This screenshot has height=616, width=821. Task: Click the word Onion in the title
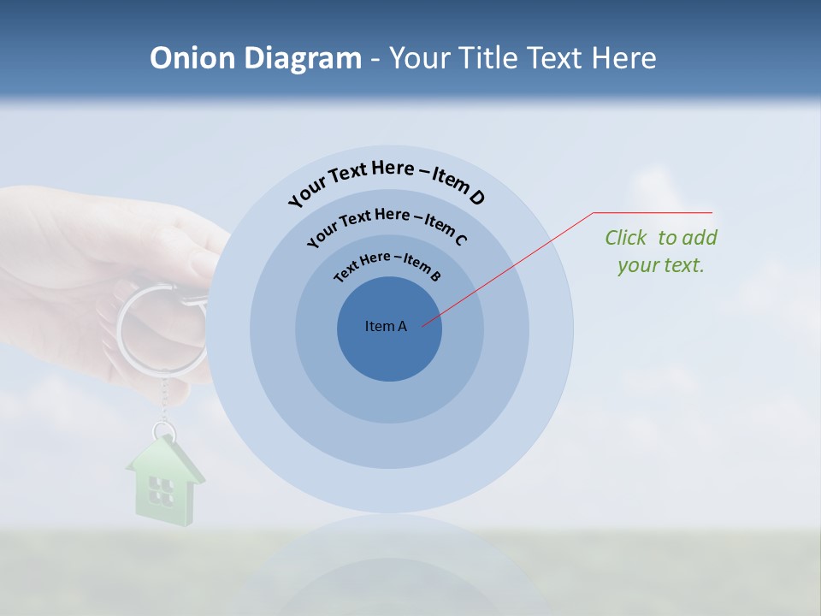(193, 58)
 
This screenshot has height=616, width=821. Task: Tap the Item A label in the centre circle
(386, 326)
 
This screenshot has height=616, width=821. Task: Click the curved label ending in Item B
(388, 265)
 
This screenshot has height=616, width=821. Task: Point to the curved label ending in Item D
(387, 179)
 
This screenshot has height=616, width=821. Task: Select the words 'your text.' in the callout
(660, 265)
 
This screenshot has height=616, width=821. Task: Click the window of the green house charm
(160, 489)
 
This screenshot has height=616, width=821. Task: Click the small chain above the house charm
(162, 402)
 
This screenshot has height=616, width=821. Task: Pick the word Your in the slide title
(422, 58)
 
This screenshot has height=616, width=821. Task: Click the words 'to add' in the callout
(688, 238)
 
